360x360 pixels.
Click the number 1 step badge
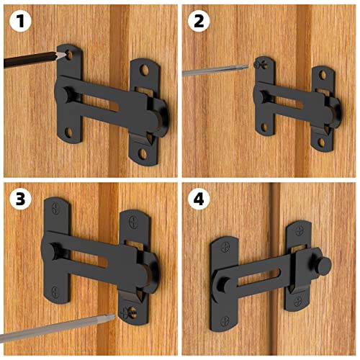click(x=19, y=20)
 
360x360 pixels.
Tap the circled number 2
click(x=199, y=20)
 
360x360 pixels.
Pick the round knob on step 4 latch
click(x=323, y=265)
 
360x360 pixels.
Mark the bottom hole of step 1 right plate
click(x=142, y=153)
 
